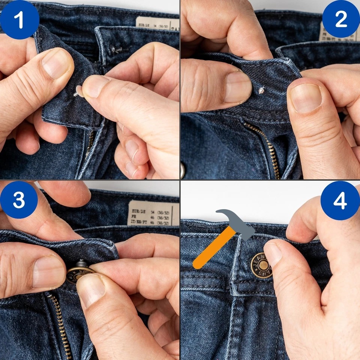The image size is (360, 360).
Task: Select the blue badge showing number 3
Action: [19, 199]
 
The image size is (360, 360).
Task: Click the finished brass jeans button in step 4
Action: [262, 265]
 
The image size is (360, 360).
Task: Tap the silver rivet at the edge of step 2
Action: [183, 169]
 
